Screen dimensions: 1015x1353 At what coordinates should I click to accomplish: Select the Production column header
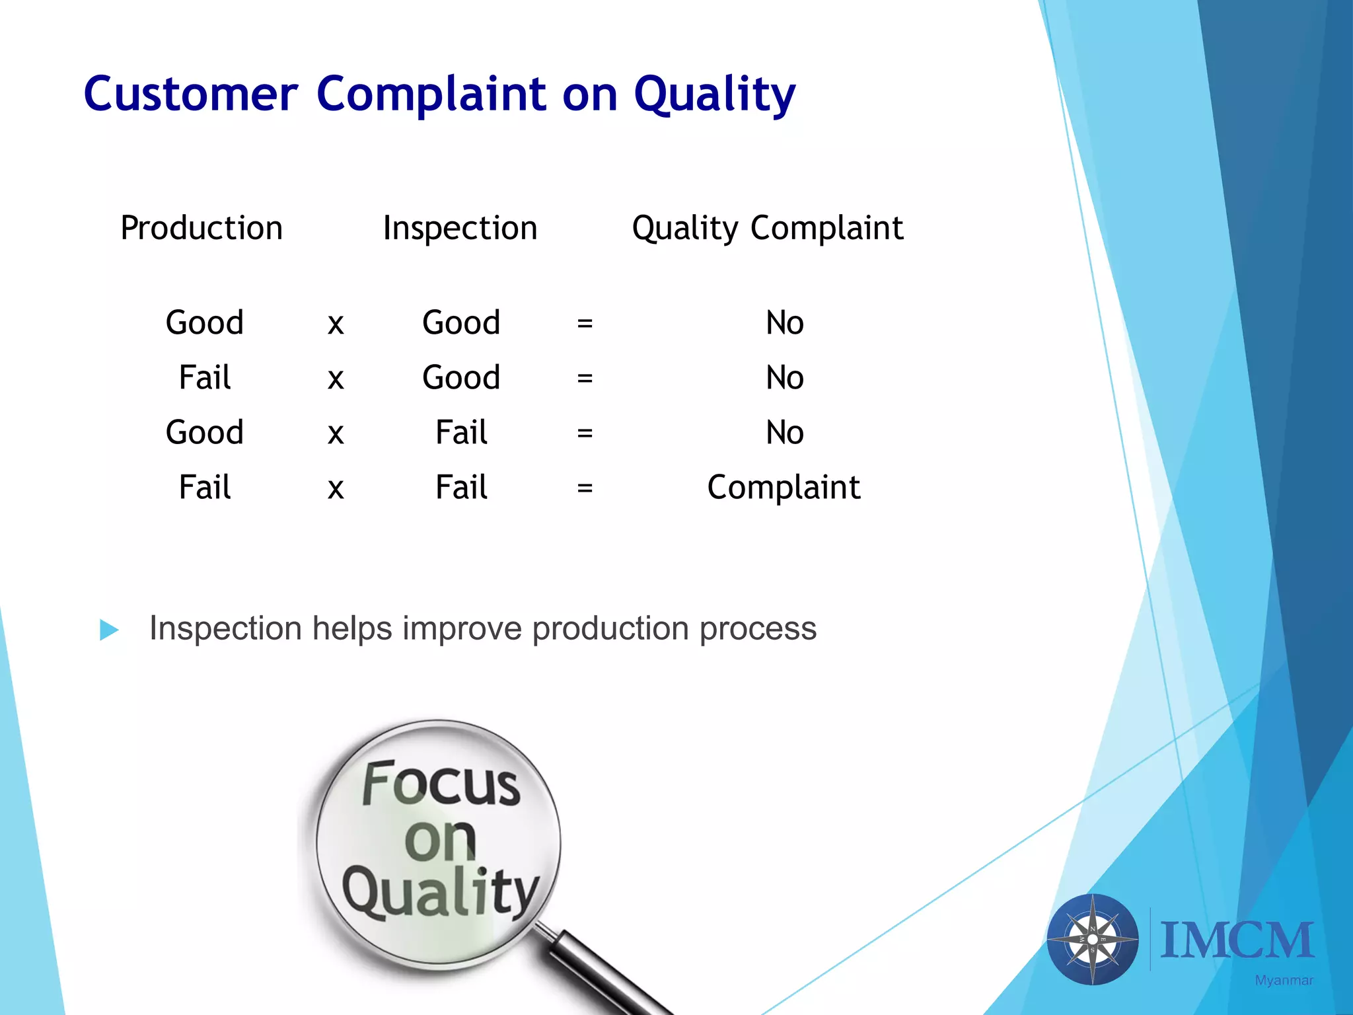[201, 228]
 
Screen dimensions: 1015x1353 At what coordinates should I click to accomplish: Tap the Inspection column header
[460, 228]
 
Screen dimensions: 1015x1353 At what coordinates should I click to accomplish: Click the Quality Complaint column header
[767, 228]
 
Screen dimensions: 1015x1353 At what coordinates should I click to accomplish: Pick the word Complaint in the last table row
[784, 488]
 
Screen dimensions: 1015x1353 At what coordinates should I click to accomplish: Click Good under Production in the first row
[205, 322]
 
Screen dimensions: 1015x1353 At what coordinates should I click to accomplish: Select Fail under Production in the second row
[205, 377]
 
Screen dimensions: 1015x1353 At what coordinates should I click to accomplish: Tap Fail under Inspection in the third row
[461, 432]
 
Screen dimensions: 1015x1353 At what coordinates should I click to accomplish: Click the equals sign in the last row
[584, 488]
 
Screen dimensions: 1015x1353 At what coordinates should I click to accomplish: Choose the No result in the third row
[784, 433]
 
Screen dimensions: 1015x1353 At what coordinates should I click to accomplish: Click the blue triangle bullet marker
[109, 629]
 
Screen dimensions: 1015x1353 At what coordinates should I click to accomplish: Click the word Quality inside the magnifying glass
[441, 892]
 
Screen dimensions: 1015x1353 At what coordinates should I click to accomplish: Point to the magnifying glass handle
[604, 971]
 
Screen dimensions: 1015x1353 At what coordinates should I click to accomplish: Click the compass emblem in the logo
[1093, 939]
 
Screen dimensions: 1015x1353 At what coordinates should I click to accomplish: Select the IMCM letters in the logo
[1237, 940]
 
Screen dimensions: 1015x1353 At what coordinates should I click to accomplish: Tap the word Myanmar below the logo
[1284, 981]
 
